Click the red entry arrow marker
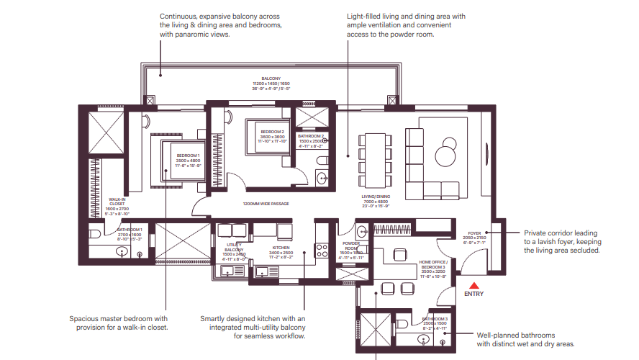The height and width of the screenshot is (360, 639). click(x=474, y=285)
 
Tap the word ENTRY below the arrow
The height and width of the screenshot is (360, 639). click(x=474, y=294)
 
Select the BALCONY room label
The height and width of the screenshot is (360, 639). click(x=271, y=78)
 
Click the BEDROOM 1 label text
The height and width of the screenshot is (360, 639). click(x=189, y=156)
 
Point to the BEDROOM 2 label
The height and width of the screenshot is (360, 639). click(x=273, y=132)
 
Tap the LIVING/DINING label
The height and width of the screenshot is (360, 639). click(x=375, y=196)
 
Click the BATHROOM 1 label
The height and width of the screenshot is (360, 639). click(x=130, y=230)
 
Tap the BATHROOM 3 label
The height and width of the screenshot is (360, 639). click(x=435, y=318)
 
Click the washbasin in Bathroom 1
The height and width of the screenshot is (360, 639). click(x=122, y=252)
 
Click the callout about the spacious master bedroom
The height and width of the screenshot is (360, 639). click(x=119, y=323)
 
